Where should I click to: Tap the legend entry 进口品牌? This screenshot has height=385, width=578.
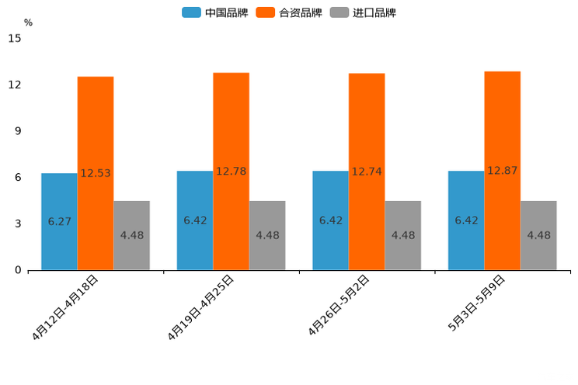click(364, 12)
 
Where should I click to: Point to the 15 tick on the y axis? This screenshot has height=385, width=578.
click(15, 38)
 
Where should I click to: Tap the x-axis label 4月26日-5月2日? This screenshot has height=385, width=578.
click(339, 305)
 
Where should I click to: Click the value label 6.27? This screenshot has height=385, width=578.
click(60, 222)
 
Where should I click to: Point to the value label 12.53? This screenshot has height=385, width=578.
click(96, 174)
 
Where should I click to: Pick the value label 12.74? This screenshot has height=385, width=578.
click(367, 172)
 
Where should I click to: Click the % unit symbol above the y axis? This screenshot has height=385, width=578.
click(28, 23)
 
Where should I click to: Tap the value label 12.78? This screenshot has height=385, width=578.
click(232, 172)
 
